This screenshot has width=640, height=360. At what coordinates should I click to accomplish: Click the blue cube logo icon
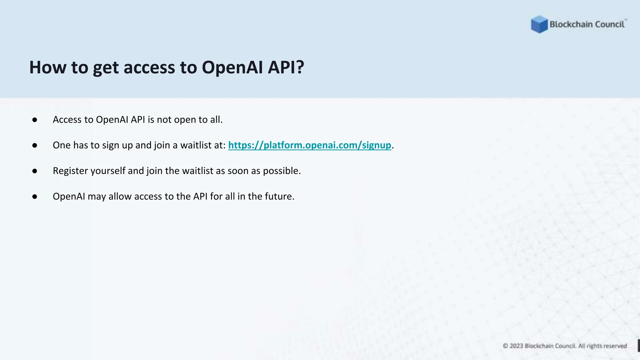(539, 24)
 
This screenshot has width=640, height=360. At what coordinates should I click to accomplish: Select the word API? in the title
(286, 67)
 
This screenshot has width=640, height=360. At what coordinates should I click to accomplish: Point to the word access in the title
(149, 67)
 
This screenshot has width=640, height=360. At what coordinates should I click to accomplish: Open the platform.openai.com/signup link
(309, 145)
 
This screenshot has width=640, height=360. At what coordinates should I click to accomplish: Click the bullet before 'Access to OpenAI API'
(35, 120)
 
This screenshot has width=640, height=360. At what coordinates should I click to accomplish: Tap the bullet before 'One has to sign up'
(35, 145)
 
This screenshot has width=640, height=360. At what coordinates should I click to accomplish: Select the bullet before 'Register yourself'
(35, 171)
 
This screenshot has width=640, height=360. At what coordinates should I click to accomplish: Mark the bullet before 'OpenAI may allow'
(35, 197)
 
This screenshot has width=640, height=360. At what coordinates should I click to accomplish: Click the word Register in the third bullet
(70, 171)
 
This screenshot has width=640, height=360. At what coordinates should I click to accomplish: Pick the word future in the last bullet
(279, 196)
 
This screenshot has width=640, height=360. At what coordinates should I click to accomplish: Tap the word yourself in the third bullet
(108, 171)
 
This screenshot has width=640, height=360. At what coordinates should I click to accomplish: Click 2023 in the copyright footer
(516, 346)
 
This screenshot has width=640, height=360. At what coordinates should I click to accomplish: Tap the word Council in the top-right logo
(610, 24)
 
